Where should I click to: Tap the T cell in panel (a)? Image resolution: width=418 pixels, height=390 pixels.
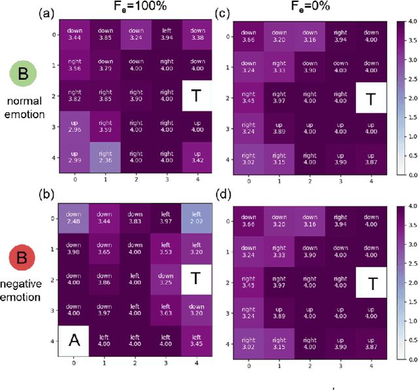pyautogui.click(x=197, y=95)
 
